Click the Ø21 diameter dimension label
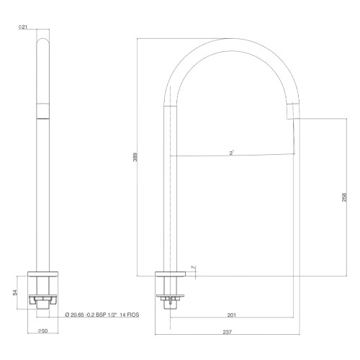23,27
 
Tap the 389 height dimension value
135,157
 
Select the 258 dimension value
344,197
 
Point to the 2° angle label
232,153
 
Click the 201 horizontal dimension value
232,315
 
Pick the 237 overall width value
228,332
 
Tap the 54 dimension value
15,292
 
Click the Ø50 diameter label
43,331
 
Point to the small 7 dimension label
193,267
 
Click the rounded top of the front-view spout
43,41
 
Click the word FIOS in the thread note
133,315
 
